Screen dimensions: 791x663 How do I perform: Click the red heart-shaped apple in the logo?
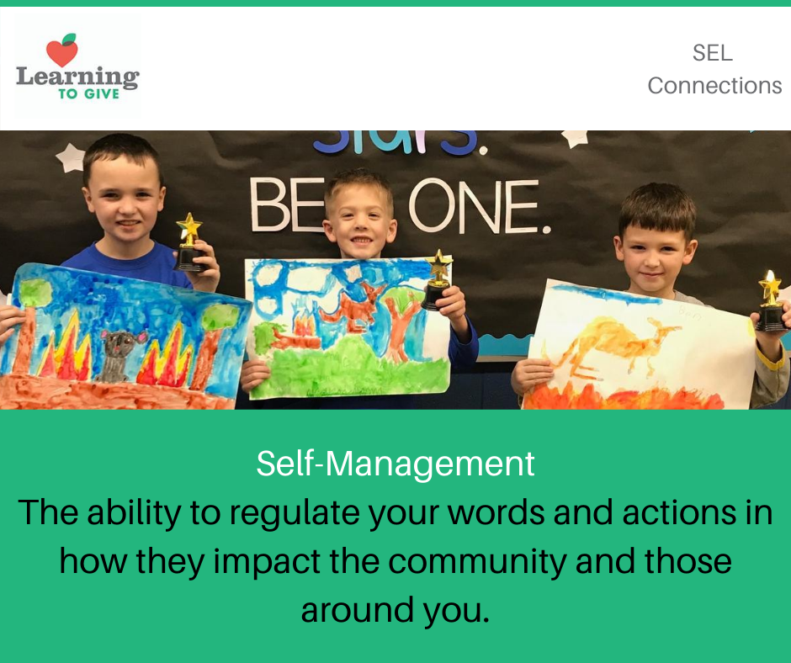click(62, 51)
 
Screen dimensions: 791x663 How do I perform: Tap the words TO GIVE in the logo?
click(89, 94)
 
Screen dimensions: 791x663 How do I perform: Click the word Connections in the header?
click(714, 85)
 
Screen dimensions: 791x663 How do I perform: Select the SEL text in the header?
click(712, 52)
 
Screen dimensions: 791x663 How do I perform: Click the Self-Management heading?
click(395, 464)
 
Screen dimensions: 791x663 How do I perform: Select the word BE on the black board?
click(287, 204)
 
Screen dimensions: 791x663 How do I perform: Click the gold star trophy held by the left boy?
click(189, 242)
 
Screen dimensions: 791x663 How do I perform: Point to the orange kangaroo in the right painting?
click(612, 343)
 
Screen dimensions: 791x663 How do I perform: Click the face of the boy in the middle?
click(360, 221)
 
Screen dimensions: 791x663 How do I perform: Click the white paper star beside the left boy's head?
click(72, 157)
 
